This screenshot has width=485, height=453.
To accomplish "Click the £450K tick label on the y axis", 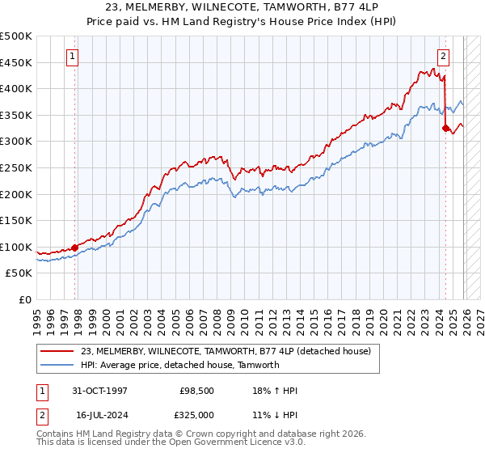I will click(x=16, y=62).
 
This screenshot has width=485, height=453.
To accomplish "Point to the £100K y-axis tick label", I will click(x=16, y=247).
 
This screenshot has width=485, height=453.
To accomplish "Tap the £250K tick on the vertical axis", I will click(x=16, y=167).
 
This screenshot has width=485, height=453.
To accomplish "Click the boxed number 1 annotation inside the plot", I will click(x=73, y=57).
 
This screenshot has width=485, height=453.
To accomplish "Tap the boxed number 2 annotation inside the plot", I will click(x=444, y=57).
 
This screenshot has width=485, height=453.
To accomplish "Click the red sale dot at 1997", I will click(x=75, y=248).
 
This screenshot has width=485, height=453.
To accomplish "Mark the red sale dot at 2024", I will click(x=445, y=128).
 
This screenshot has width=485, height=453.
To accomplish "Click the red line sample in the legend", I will click(x=58, y=351).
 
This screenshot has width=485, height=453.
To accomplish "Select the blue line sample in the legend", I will click(x=58, y=365).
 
